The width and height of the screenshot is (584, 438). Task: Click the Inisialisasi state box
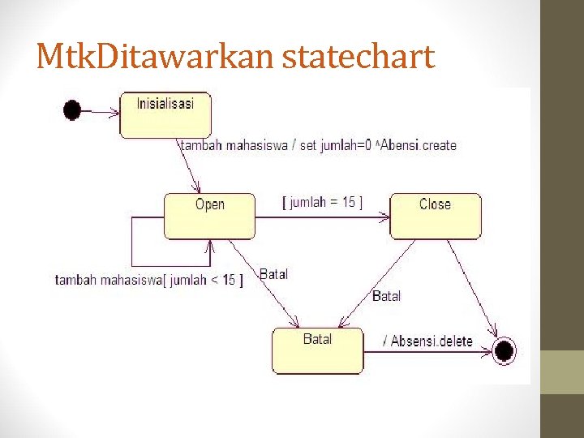[165, 114]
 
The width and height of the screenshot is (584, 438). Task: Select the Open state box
[209, 216]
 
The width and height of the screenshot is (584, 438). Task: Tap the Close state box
[436, 216]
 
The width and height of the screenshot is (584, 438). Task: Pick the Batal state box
[317, 350]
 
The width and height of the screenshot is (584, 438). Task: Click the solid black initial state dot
[72, 109]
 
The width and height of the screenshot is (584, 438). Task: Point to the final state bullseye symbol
[505, 350]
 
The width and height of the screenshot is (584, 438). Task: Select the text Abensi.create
[419, 146]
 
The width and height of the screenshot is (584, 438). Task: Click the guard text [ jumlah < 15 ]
[202, 281]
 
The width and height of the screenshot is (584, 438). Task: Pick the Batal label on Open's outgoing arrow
[273, 274]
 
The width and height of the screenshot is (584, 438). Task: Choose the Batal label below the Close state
[386, 296]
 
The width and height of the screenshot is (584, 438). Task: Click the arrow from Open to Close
[323, 217]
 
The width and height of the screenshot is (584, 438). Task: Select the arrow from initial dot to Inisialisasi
[100, 109]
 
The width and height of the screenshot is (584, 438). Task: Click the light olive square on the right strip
[562, 372]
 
